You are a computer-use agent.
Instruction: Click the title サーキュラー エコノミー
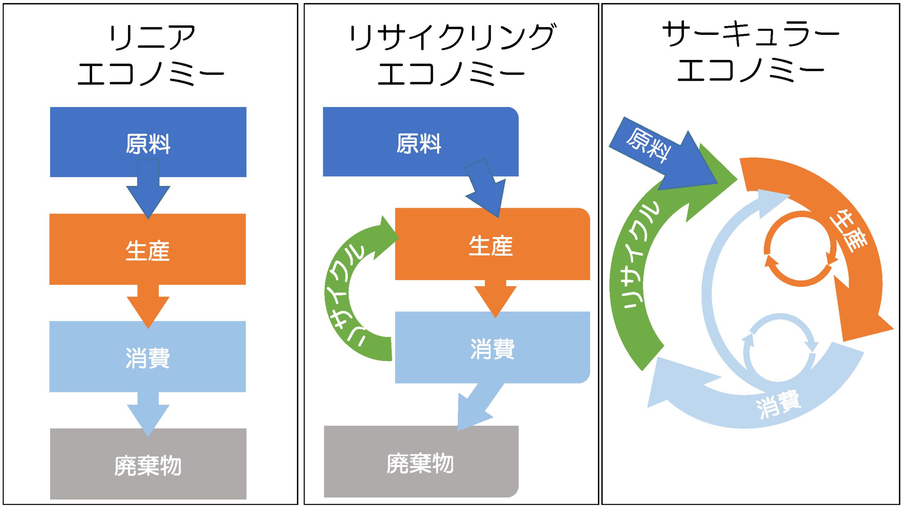coord(751,51)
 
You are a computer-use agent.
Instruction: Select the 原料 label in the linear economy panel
coord(148,144)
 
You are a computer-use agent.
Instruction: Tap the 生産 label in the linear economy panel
coord(148,251)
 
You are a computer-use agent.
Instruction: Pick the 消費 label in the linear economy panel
coord(148,358)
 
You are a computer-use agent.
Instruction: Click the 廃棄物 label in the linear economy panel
coord(148,466)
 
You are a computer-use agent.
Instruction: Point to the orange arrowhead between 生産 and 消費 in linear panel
coord(148,310)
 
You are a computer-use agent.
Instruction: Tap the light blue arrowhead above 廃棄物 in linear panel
coord(148,418)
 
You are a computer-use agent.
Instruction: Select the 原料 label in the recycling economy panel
coord(419,144)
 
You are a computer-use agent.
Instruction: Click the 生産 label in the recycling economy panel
coord(491,246)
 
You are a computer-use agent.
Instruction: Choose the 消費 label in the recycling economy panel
coord(492,349)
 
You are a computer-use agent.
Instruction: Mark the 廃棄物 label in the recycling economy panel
coord(420,463)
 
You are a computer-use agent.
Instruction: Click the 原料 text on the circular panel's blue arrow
coord(648,146)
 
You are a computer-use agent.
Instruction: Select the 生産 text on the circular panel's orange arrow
coord(848,231)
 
